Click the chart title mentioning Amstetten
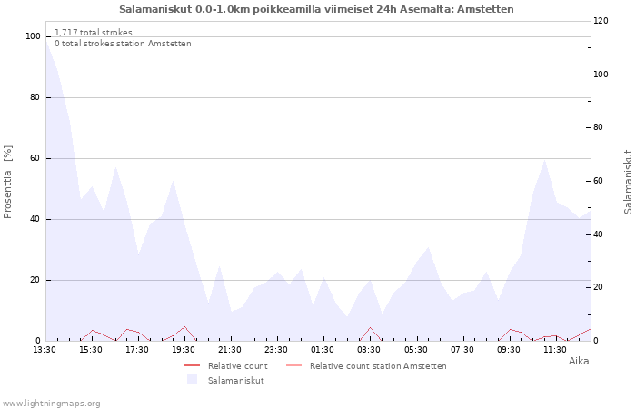[316, 9]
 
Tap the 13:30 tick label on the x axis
[45, 350]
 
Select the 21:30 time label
[230, 350]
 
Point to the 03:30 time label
[369, 350]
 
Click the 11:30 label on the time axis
[555, 350]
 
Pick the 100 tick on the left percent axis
[33, 36]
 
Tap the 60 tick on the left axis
[35, 158]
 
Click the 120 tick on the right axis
[601, 21]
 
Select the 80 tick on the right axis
[599, 127]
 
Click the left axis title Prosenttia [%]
[7, 182]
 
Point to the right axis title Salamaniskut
[628, 182]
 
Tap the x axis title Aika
[579, 361]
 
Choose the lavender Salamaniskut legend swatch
[192, 380]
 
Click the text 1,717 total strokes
[94, 33]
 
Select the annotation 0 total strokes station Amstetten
[123, 44]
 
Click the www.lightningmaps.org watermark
[51, 404]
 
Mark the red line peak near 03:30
[370, 327]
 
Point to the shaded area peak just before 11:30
[544, 159]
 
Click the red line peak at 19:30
[185, 326]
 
